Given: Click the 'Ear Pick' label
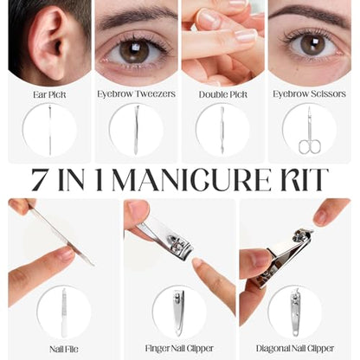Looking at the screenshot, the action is (49, 94).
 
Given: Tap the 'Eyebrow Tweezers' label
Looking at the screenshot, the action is (136, 94).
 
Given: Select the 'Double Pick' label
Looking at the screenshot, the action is (223, 94).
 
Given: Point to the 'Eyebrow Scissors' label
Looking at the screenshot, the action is (309, 94).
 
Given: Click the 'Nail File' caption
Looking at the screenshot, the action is (64, 349).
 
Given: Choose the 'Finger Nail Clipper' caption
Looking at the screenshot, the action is (179, 349).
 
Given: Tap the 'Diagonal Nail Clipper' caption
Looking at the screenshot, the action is (295, 349).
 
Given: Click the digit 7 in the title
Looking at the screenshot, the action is (40, 180).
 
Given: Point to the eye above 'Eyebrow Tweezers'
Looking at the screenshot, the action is (134, 51).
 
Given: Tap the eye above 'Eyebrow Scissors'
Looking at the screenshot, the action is (312, 44).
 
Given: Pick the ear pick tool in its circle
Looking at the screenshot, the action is (49, 130).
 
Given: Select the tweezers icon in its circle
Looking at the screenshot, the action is (136, 130).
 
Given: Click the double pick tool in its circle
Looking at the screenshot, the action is (222, 130).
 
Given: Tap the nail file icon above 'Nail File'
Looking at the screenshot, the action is (64, 312).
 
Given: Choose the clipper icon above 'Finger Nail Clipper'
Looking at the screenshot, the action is (179, 313).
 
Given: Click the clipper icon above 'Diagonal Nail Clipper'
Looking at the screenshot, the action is (294, 312).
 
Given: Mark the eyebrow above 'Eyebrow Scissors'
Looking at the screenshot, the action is (309, 14).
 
